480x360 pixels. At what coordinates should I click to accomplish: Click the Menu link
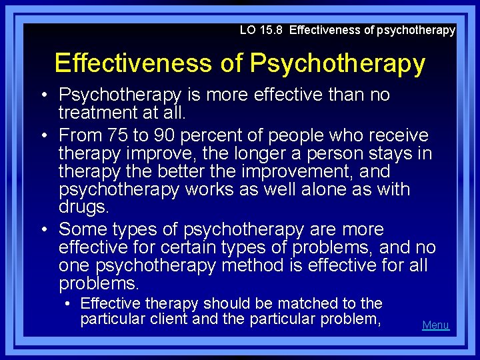pyautogui.click(x=435, y=325)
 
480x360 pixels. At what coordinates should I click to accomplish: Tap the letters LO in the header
pyautogui.click(x=247, y=30)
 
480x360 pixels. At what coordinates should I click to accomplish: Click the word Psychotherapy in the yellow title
pyautogui.click(x=337, y=63)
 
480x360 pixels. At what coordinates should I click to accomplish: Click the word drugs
pyautogui.click(x=83, y=207)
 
